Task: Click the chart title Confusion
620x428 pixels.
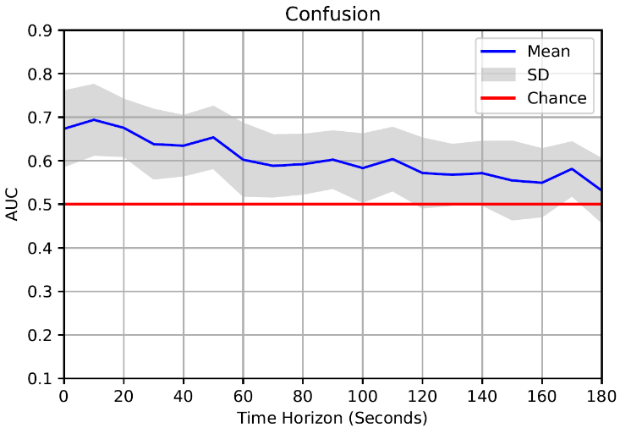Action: pyautogui.click(x=332, y=14)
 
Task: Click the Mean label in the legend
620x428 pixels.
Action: pyautogui.click(x=548, y=51)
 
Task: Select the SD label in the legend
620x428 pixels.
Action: pyautogui.click(x=538, y=74)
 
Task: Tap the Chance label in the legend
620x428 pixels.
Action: pyautogui.click(x=557, y=98)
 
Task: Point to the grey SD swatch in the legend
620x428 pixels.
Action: pyautogui.click(x=499, y=74)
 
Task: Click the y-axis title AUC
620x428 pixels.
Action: pyautogui.click(x=13, y=205)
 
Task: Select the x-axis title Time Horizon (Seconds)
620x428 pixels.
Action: pyautogui.click(x=332, y=417)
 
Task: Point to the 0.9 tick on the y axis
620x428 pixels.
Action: pyautogui.click(x=41, y=31)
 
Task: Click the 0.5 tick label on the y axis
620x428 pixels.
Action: pyautogui.click(x=41, y=205)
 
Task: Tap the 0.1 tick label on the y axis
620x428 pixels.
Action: pyautogui.click(x=41, y=378)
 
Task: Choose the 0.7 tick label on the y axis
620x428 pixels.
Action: pyautogui.click(x=41, y=118)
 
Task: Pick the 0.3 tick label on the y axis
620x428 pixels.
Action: pyautogui.click(x=41, y=292)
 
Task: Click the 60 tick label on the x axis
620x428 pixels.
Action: pyautogui.click(x=243, y=396)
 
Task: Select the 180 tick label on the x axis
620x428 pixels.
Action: pyautogui.click(x=601, y=396)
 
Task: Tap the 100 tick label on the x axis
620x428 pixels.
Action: pyautogui.click(x=362, y=396)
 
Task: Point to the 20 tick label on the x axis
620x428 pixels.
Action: pyautogui.click(x=123, y=396)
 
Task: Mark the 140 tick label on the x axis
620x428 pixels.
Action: pyautogui.click(x=482, y=396)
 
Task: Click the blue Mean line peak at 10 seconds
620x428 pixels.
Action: pyautogui.click(x=93, y=119)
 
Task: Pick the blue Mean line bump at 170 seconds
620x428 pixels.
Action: pyautogui.click(x=572, y=169)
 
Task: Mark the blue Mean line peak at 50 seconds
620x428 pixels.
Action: pyautogui.click(x=213, y=137)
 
